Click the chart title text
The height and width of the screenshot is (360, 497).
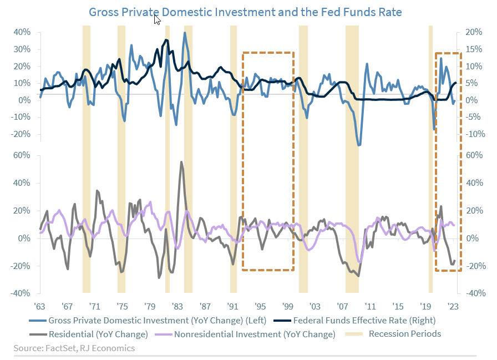coord(245,12)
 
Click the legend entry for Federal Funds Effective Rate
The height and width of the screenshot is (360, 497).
coord(364,320)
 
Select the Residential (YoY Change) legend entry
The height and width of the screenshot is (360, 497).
coord(98,334)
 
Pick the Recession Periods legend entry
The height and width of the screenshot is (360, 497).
coord(405,333)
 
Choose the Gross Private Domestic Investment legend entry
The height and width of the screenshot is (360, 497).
coord(158,320)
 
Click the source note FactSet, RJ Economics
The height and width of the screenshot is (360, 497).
coord(74,348)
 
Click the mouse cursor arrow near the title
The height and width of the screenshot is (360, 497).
coord(157,20)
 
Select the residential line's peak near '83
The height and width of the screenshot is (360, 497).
coord(181,163)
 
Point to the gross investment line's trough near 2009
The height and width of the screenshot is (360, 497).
coord(359,145)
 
